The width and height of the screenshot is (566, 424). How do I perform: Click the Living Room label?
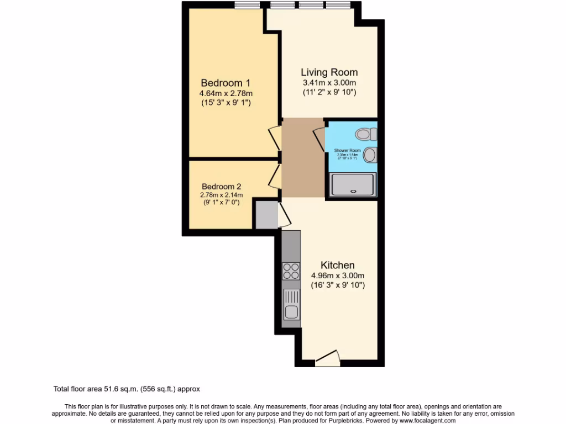(x=329, y=72)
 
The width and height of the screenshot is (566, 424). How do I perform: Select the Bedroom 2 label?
(x=221, y=187)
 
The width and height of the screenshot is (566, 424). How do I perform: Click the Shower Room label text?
(x=348, y=150)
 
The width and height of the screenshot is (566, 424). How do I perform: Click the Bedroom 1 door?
(x=274, y=138)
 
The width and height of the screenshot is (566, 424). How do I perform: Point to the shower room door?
(x=319, y=139)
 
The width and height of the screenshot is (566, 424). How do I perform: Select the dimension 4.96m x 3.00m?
(x=337, y=275)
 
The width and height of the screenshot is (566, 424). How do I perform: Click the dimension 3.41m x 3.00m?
(x=329, y=83)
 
